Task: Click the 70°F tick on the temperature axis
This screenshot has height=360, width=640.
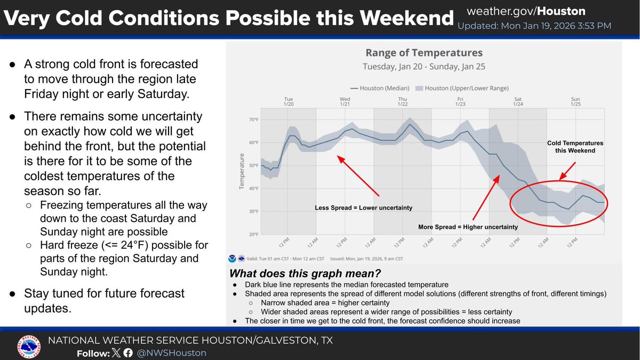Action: point(254,119)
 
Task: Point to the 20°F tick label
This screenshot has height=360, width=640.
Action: point(254,235)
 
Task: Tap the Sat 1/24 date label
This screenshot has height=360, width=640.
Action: point(518,101)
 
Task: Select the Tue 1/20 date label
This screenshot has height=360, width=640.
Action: point(289,101)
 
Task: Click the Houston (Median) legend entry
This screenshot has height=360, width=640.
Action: point(380,89)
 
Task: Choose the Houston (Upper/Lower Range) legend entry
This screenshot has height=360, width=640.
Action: point(462,89)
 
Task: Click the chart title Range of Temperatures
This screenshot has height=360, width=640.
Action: point(424,53)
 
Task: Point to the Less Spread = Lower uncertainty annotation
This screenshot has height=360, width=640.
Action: point(363,207)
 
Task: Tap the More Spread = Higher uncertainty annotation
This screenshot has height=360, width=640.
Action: point(468,227)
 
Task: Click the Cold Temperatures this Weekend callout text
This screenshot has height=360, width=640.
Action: point(575,147)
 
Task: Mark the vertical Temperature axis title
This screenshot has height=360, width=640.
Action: point(242,171)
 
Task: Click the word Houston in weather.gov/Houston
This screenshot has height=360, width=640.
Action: point(561,11)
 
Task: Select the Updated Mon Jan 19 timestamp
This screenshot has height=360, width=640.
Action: point(534,26)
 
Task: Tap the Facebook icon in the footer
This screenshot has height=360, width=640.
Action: point(128,353)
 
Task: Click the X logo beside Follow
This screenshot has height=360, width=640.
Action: point(116,353)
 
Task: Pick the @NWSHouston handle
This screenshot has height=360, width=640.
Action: point(171,353)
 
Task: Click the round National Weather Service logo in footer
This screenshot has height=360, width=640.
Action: point(29,347)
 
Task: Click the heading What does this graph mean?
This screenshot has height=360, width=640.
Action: point(305,274)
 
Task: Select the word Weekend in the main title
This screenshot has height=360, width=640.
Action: point(406,18)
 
